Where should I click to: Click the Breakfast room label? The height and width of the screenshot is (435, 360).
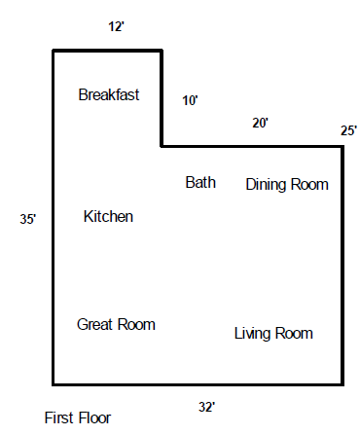click(109, 94)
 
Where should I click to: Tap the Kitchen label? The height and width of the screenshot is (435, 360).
click(108, 216)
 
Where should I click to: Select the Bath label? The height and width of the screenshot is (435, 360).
click(200, 182)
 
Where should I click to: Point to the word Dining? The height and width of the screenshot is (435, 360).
click(267, 185)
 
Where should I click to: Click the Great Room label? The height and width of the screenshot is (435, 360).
click(116, 324)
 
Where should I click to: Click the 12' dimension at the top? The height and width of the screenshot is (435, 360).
click(116, 26)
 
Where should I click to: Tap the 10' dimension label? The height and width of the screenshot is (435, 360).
click(190, 100)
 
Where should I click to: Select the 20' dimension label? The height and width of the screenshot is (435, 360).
click(261, 123)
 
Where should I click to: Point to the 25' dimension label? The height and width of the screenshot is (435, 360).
click(348, 130)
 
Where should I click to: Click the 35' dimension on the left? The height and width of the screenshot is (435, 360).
click(28, 219)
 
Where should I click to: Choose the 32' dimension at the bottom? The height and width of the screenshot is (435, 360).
click(207, 407)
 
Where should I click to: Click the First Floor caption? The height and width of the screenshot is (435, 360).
click(78, 417)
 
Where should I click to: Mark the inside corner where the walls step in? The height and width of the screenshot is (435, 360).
click(162, 147)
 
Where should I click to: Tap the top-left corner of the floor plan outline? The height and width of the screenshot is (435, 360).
click(54, 51)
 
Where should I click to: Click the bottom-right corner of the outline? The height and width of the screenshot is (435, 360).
click(342, 384)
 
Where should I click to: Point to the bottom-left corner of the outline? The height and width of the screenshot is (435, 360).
click(54, 384)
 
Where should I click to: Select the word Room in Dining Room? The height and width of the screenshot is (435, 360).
click(309, 185)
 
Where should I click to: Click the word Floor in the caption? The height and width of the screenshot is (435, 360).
click(93, 417)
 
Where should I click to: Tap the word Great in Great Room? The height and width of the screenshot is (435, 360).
click(95, 324)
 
